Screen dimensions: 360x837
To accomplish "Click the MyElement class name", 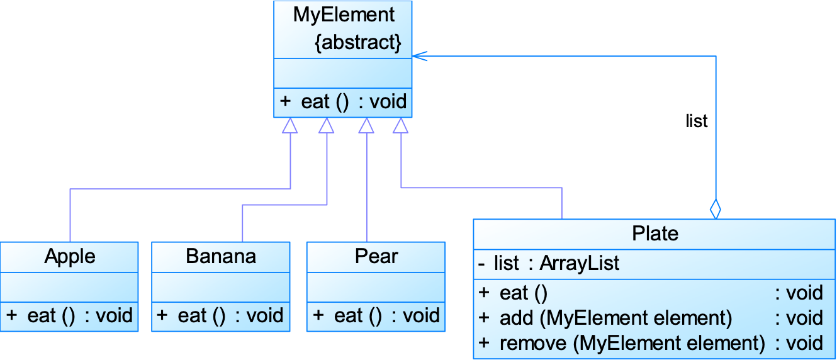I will [344, 14].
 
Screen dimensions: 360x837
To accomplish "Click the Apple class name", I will [70, 256].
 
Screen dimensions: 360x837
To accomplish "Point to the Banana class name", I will [221, 256].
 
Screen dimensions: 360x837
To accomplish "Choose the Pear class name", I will [376, 256].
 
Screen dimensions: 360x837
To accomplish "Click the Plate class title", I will [655, 233].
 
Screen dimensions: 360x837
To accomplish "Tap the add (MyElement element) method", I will [615, 318].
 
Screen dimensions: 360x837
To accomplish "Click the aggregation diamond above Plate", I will [715, 208].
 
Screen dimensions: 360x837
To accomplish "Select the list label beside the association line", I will [697, 121].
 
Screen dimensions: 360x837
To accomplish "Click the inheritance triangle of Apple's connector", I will [290, 126].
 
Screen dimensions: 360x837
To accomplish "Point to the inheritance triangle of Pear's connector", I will [366, 126].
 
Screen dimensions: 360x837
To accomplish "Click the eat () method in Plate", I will [523, 293].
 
